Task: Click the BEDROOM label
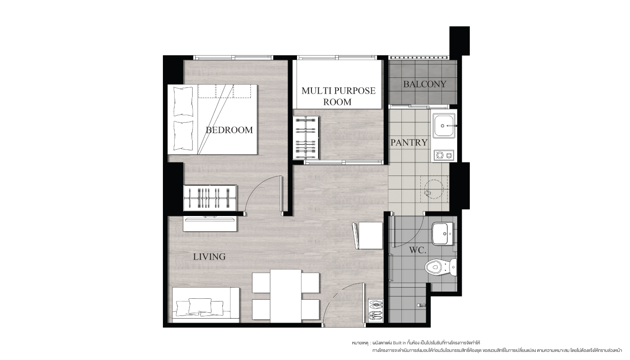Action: click(229, 130)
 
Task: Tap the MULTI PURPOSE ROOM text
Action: click(338, 96)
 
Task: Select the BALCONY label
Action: click(425, 84)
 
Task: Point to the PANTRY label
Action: click(409, 143)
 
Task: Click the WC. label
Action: click(418, 250)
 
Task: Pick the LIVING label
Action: click(209, 256)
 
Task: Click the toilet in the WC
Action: click(441, 267)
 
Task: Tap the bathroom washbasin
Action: click(442, 234)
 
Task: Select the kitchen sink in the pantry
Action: click(444, 126)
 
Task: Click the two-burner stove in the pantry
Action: click(444, 155)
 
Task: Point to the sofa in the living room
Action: click(206, 305)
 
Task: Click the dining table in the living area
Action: click(286, 296)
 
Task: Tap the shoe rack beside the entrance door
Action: click(376, 310)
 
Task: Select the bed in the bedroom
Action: click(212, 119)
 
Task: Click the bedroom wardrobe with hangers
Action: click(210, 198)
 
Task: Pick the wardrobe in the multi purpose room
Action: click(306, 138)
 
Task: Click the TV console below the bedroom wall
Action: click(211, 224)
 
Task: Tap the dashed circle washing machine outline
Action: click(434, 189)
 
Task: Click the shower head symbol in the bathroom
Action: click(421, 305)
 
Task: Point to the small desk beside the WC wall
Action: click(370, 236)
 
